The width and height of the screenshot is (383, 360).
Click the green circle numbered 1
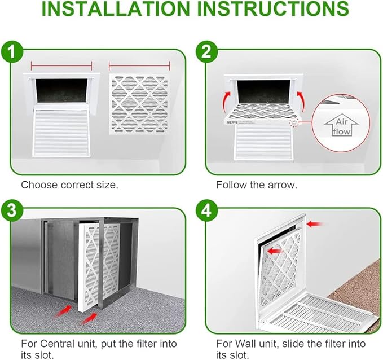(x=12, y=52)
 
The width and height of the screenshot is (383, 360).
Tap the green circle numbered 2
(x=206, y=52)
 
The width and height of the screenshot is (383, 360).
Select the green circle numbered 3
(x=12, y=211)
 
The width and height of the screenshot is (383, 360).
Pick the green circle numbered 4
(x=206, y=211)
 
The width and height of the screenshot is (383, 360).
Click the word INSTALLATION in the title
(x=116, y=9)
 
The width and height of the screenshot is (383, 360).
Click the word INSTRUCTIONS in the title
(x=273, y=9)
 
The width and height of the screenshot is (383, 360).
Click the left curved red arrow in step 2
(x=228, y=102)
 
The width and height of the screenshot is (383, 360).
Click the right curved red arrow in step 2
(x=301, y=102)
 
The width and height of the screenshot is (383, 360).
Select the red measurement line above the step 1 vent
(x=61, y=66)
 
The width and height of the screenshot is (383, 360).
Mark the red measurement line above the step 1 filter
(x=139, y=66)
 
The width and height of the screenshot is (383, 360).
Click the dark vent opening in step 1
(x=61, y=90)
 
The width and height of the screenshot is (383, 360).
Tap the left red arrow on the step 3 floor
(x=63, y=311)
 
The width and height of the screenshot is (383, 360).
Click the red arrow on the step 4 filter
(x=274, y=251)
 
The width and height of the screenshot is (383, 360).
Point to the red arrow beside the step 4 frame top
(x=314, y=223)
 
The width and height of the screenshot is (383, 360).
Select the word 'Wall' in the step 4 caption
(x=245, y=344)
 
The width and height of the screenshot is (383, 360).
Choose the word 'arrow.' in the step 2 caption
(x=283, y=185)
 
